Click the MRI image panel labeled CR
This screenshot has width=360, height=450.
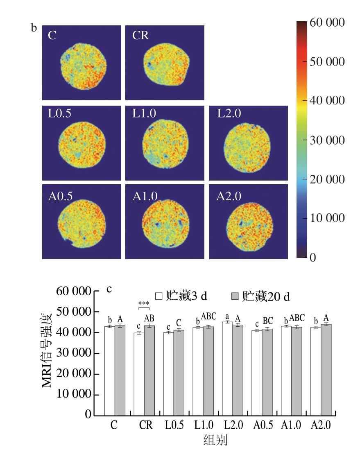(165, 63)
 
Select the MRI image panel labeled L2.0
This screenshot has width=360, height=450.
(248, 143)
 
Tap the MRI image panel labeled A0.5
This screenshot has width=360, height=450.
(82, 222)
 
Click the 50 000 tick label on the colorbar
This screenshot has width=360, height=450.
(326, 62)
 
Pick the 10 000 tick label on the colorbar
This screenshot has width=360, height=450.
(326, 218)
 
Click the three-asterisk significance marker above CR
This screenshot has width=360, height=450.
(144, 304)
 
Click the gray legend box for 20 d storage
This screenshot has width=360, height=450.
(235, 296)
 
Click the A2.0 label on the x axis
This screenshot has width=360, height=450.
(320, 425)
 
